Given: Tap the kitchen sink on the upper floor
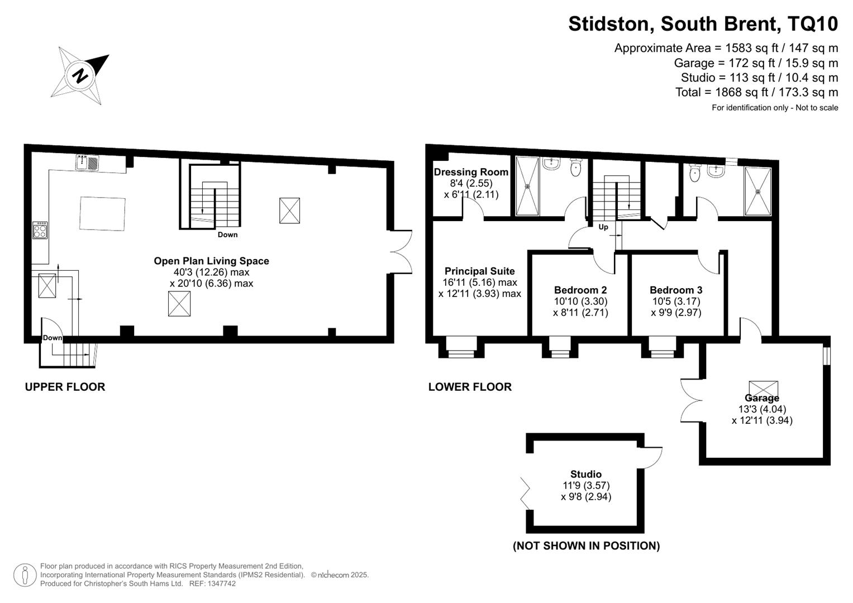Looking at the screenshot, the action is [87, 162].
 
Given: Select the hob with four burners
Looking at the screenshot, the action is [40, 230].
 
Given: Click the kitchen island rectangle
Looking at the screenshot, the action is [102, 213].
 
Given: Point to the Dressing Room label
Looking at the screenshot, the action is [471, 172].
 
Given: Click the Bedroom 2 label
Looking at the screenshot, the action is [580, 290].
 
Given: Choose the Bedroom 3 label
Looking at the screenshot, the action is [676, 290].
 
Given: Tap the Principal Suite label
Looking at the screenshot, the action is [479, 271].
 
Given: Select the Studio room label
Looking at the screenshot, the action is [585, 474].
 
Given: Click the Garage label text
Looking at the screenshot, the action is [761, 398].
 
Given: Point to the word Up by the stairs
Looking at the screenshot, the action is [603, 227].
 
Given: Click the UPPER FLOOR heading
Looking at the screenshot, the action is [65, 387].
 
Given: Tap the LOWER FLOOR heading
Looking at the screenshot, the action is [470, 387].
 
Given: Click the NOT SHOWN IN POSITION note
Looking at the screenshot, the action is [586, 546].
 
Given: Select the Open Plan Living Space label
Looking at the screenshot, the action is [211, 261].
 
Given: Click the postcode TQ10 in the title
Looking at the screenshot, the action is [813, 23].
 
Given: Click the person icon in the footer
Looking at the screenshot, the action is [25, 575].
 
